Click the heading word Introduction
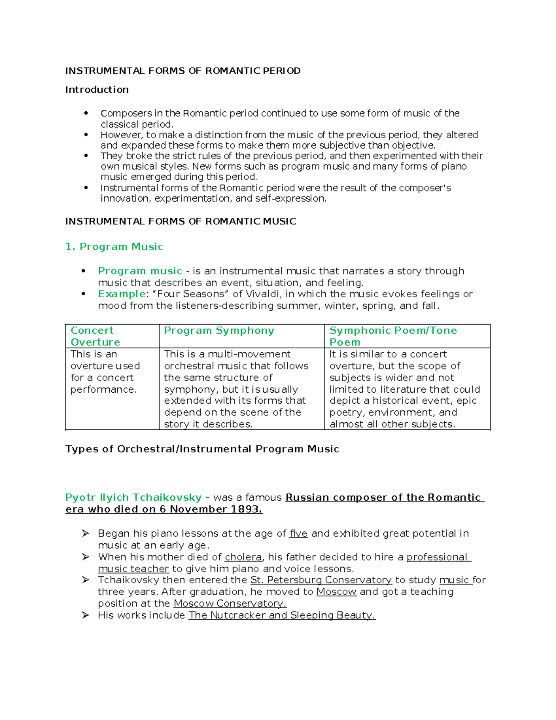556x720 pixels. (97, 89)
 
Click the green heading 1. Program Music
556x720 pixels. (114, 247)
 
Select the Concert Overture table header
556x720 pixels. (95, 336)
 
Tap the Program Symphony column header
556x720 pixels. (219, 331)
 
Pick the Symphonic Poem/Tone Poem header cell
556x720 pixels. (393, 336)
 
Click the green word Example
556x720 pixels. (121, 294)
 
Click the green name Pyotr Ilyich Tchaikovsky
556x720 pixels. (133, 497)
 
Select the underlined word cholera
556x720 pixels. (243, 557)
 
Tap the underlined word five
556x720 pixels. (298, 534)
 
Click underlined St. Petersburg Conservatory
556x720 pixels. (321, 580)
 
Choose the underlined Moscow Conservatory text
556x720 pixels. (230, 604)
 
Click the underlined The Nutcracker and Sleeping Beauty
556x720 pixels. (282, 615)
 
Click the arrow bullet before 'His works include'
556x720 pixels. (85, 615)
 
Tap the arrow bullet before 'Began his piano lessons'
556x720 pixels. (85, 534)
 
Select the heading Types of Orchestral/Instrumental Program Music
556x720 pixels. (202, 449)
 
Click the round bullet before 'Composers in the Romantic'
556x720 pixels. (86, 113)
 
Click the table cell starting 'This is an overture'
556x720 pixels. (105, 372)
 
